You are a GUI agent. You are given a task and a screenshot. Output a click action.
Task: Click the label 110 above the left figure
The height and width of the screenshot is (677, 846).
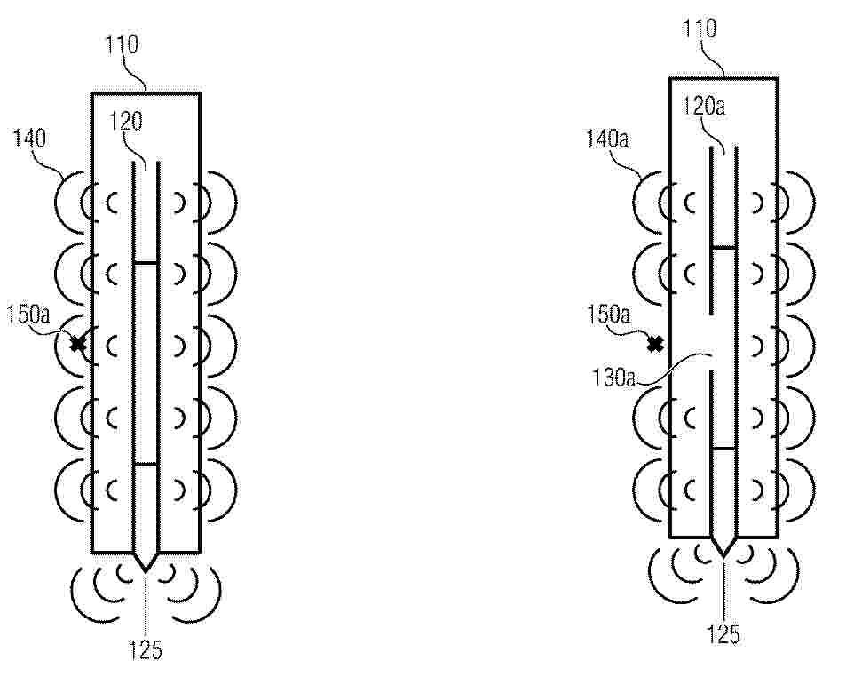122,44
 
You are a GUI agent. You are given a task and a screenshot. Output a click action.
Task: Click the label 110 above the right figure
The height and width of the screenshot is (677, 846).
700,28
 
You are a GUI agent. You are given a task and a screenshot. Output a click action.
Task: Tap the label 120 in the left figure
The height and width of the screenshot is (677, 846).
126,122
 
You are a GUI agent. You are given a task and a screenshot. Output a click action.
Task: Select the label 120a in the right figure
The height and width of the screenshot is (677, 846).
704,107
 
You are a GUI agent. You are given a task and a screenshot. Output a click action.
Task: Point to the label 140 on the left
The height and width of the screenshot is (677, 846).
29,139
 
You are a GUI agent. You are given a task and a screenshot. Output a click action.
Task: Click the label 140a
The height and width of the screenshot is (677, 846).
607,139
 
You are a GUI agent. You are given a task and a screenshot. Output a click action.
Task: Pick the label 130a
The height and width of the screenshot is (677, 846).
613,378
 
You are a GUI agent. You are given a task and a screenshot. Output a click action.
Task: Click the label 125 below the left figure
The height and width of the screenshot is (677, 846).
146,649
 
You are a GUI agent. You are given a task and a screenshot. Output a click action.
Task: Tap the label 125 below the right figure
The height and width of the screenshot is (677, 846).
723,634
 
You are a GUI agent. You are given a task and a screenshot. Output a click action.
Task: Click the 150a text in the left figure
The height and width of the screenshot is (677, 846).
28,315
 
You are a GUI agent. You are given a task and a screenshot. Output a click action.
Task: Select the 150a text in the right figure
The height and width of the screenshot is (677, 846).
609,315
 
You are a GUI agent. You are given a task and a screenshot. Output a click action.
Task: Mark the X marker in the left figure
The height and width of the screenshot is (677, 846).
78,343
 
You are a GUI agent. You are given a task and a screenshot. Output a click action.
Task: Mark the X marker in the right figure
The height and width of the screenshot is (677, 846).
655,344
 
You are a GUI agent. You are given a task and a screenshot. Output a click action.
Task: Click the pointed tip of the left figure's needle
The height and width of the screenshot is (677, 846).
146,572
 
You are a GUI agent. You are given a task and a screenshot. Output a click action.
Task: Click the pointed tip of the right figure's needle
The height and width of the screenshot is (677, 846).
723,556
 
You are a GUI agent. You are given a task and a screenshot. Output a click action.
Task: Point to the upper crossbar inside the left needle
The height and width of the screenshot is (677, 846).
146,263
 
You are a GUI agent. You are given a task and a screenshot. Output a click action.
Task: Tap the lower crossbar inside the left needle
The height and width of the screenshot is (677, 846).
146,464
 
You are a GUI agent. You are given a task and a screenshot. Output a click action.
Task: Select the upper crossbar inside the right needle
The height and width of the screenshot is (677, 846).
723,248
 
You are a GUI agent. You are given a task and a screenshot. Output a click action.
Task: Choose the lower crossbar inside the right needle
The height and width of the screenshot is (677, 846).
723,449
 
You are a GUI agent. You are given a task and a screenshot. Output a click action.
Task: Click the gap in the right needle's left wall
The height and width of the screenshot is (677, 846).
712,342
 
